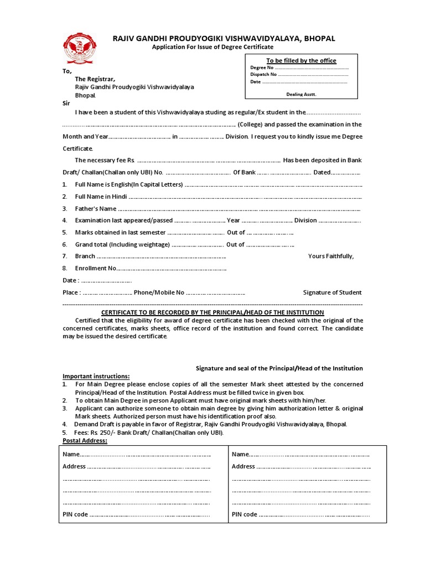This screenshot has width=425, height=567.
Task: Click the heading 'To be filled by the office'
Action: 301,60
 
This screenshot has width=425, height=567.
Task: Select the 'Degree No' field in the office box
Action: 262,68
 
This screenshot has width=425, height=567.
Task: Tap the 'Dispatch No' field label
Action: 263,74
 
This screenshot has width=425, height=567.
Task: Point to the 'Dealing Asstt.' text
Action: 301,94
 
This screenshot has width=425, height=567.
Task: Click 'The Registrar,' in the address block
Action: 95,79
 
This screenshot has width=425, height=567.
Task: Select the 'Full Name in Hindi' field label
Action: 101,197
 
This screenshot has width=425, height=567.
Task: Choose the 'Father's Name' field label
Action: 96,209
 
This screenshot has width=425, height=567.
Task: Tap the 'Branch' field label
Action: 85,256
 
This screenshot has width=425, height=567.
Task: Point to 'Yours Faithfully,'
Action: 330,256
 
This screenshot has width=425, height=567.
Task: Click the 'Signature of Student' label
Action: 332,292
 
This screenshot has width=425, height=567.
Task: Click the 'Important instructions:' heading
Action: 96,377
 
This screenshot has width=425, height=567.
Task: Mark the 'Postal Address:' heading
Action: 85,441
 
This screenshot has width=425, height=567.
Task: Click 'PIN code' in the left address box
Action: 75,514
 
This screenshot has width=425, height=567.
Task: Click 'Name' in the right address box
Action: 240,454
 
